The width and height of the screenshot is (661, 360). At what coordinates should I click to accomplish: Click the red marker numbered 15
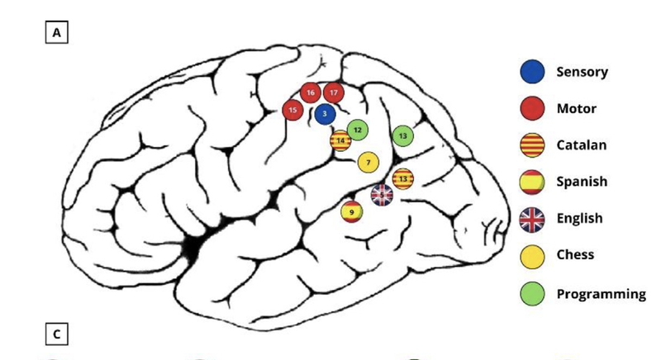[x=292, y=109]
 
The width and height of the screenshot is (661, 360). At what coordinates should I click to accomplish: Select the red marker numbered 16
[x=311, y=93]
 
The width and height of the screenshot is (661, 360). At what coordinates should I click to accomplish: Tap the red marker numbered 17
[x=334, y=93]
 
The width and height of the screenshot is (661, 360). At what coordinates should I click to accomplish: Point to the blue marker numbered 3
[x=325, y=114]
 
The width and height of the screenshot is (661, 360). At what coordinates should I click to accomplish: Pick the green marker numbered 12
[x=358, y=130]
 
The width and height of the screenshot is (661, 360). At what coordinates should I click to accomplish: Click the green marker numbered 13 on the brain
[x=402, y=135]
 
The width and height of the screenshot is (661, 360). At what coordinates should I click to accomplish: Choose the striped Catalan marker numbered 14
[x=340, y=141]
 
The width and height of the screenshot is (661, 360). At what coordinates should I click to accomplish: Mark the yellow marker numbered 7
[x=369, y=162]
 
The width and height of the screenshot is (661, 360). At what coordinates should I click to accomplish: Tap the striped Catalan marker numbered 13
[x=402, y=178]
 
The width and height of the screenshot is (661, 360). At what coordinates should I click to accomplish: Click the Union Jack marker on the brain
[x=382, y=195]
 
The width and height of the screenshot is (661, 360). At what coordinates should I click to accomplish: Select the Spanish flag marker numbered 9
[x=352, y=211]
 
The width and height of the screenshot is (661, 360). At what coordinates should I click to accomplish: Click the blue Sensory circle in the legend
[x=532, y=72]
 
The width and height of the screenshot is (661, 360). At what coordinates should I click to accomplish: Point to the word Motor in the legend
[x=576, y=108]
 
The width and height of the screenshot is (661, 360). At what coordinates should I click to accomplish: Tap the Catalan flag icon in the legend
[x=532, y=145]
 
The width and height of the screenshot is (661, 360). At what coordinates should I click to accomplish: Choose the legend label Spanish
[x=582, y=182]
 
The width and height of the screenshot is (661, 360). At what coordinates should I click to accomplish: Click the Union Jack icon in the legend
[x=532, y=219]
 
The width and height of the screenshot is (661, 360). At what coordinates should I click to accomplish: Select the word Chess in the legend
[x=575, y=254]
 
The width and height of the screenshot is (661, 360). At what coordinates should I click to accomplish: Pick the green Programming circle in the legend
[x=532, y=293]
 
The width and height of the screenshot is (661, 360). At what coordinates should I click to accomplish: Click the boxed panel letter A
[x=57, y=33]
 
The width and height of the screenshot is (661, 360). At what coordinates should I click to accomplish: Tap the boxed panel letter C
[x=57, y=334]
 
